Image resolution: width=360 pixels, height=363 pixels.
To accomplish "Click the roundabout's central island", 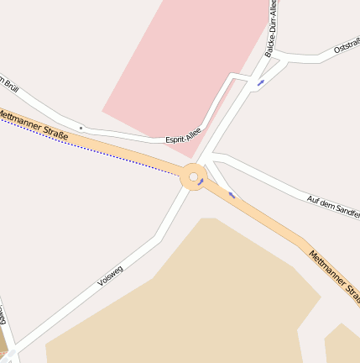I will tap(193, 177).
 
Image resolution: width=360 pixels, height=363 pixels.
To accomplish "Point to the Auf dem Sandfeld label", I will tap(333, 200).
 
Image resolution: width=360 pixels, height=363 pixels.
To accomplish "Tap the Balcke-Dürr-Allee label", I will tap(270, 30).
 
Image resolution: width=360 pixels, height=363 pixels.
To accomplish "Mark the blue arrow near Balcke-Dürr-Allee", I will tap(261, 82).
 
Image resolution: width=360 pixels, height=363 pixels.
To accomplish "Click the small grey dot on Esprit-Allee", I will tap(81, 128).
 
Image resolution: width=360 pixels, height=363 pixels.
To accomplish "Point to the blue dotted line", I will tap(84, 147).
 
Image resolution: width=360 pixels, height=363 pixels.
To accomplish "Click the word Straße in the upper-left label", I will tap(52, 129).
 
